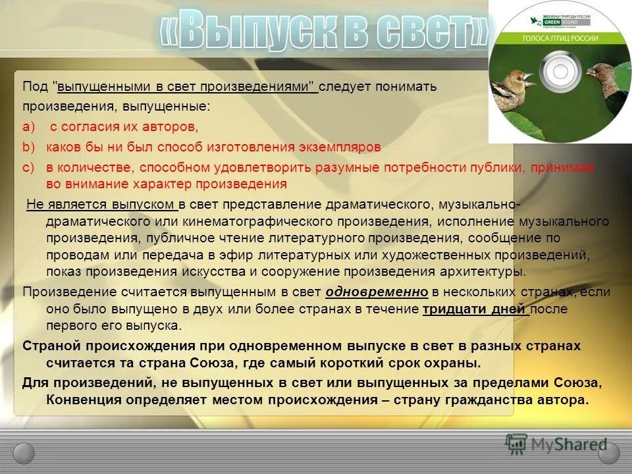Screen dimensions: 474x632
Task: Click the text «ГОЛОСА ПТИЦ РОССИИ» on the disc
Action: tap(560, 39)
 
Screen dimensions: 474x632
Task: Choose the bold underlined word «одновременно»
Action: tap(377, 292)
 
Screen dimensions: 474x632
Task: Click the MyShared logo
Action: tap(557, 443)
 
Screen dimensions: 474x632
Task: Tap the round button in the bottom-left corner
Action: tap(24, 452)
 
